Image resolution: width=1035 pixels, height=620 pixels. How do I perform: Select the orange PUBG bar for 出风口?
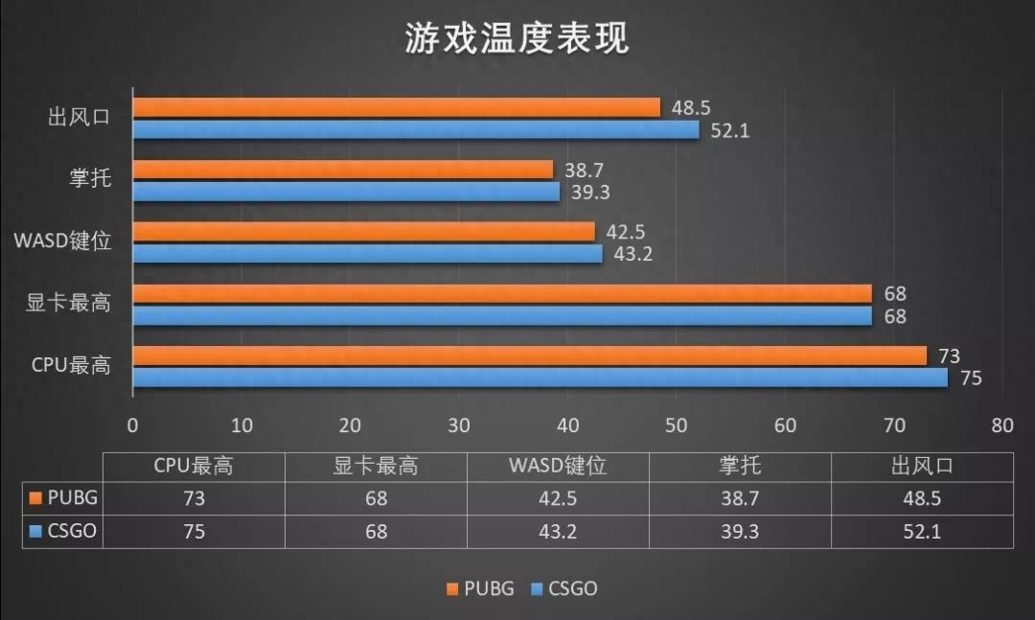[396, 107]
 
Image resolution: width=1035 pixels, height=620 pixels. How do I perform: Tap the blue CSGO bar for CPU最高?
[540, 378]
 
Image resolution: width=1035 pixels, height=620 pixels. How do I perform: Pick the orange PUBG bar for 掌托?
[343, 170]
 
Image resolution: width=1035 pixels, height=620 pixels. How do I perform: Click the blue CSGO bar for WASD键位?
[367, 254]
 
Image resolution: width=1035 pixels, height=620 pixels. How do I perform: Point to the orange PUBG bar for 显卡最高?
[502, 293]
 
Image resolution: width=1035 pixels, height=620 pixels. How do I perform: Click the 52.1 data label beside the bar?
[729, 130]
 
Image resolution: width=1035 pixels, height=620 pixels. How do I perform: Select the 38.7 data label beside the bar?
[584, 170]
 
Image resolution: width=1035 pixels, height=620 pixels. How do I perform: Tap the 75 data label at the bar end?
[971, 379]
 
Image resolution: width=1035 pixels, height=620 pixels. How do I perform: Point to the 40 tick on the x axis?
[567, 425]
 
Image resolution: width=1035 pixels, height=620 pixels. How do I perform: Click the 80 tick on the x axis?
[1002, 425]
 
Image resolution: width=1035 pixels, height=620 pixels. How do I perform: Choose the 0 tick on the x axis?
[132, 425]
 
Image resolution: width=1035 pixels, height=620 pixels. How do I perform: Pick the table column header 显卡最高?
[376, 467]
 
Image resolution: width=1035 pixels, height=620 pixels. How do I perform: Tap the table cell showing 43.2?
[558, 531]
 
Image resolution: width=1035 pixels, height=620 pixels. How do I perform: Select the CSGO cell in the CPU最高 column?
[194, 531]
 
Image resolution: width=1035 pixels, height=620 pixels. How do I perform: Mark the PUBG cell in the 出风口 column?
[921, 498]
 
